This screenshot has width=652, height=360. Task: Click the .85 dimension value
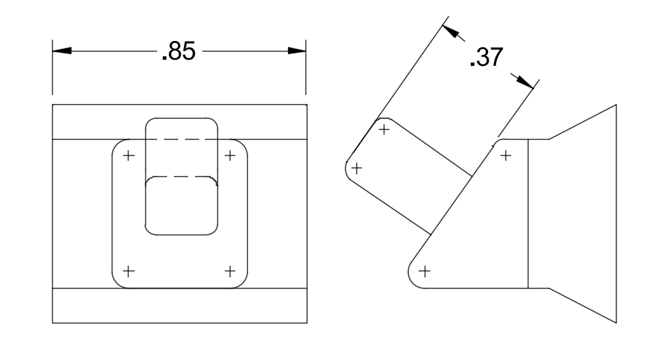click(x=178, y=52)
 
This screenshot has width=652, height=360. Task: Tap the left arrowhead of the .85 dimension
click(x=61, y=52)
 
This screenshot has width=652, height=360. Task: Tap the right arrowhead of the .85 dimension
click(x=297, y=52)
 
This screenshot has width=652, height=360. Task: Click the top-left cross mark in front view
click(x=128, y=155)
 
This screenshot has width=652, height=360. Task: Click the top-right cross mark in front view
click(x=230, y=155)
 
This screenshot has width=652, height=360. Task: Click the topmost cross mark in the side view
click(x=384, y=129)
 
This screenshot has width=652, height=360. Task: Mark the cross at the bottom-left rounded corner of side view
click(x=425, y=271)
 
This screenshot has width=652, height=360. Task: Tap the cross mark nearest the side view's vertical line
click(x=505, y=155)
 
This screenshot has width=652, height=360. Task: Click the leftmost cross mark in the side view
click(x=357, y=168)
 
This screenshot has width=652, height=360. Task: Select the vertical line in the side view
click(x=528, y=214)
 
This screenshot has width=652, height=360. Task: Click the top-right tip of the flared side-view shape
click(x=616, y=105)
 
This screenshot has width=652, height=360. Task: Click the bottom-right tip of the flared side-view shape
click(x=616, y=322)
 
